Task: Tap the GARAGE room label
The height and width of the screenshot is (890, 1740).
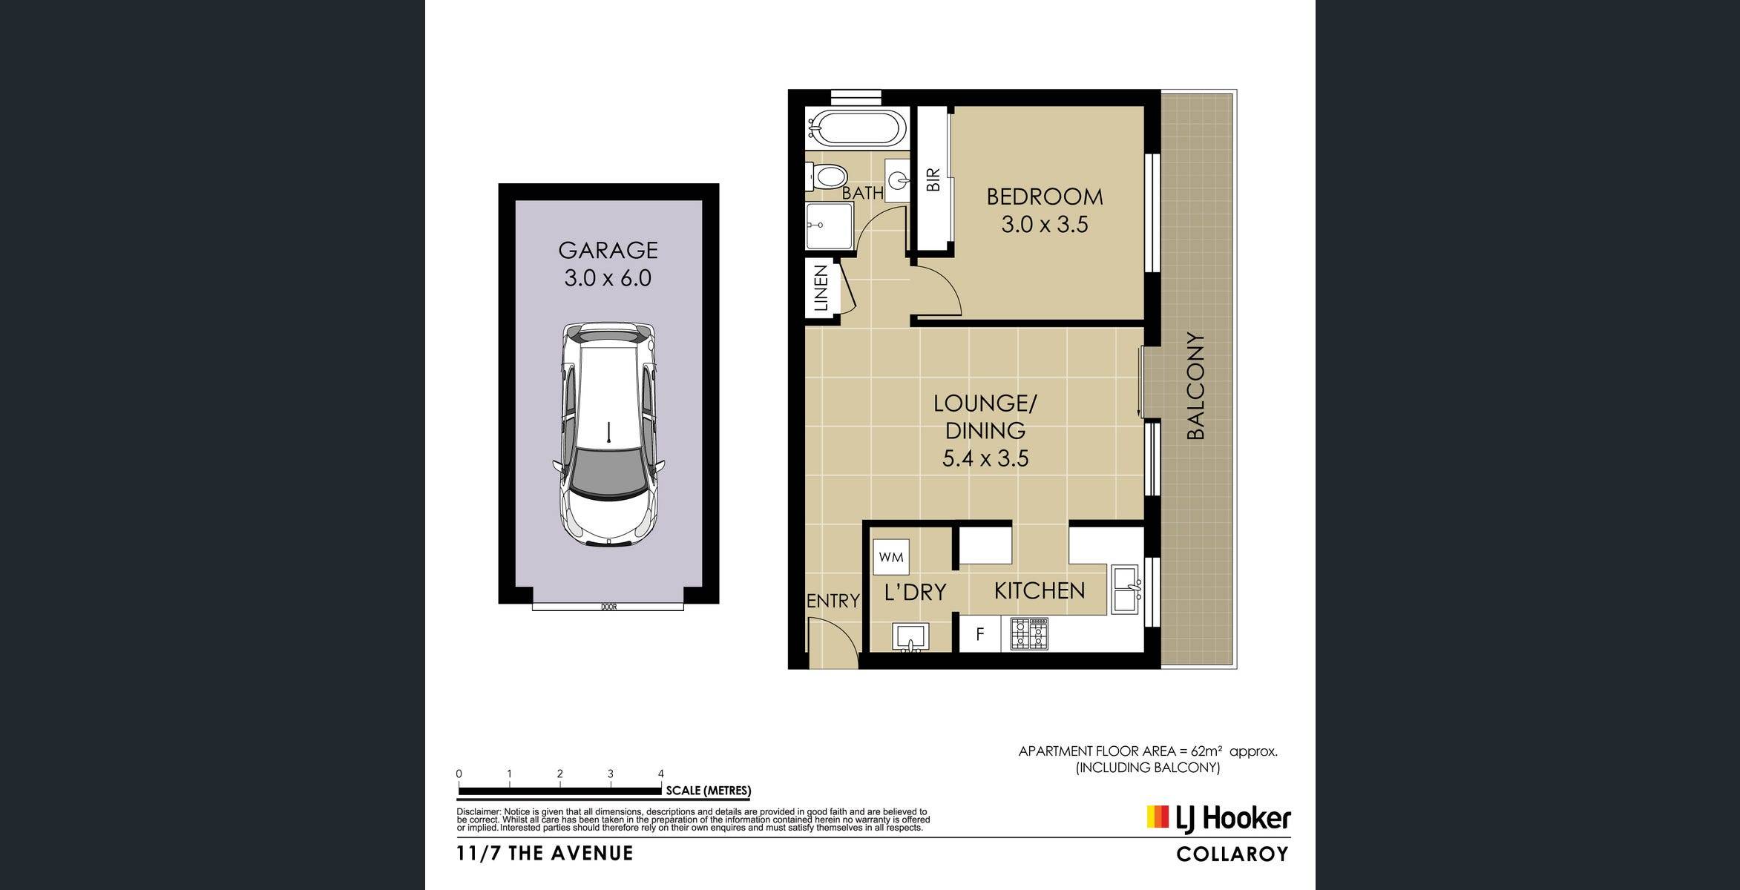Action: coord(608,250)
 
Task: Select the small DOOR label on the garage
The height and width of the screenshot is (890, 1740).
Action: coord(608,607)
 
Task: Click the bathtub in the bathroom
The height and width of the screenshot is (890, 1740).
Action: coord(856,128)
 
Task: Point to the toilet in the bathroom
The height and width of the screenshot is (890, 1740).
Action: coord(827,177)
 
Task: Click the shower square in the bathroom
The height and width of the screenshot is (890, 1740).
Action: coord(830,225)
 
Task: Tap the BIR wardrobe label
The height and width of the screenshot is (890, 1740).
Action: coord(933,179)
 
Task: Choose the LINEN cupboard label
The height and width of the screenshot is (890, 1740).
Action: coord(821,289)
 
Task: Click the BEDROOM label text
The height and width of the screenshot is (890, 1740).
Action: coord(1044,197)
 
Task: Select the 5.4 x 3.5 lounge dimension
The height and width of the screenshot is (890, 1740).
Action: coord(985,458)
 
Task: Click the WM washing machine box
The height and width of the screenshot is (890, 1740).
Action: coord(891,556)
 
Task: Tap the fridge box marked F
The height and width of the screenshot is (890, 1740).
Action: coord(980,634)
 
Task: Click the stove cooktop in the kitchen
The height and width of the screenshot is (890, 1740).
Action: coord(1029,634)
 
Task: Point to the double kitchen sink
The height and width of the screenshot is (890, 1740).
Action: coord(1126,590)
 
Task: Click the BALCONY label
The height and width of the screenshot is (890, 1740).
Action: coord(1195,386)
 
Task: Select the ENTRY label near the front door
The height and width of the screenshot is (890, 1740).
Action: coord(833,601)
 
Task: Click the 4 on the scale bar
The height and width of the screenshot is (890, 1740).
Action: coord(661,774)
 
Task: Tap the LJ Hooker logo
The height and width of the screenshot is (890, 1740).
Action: coord(1218,817)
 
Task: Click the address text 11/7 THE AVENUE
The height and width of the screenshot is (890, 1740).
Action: coord(545,854)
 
